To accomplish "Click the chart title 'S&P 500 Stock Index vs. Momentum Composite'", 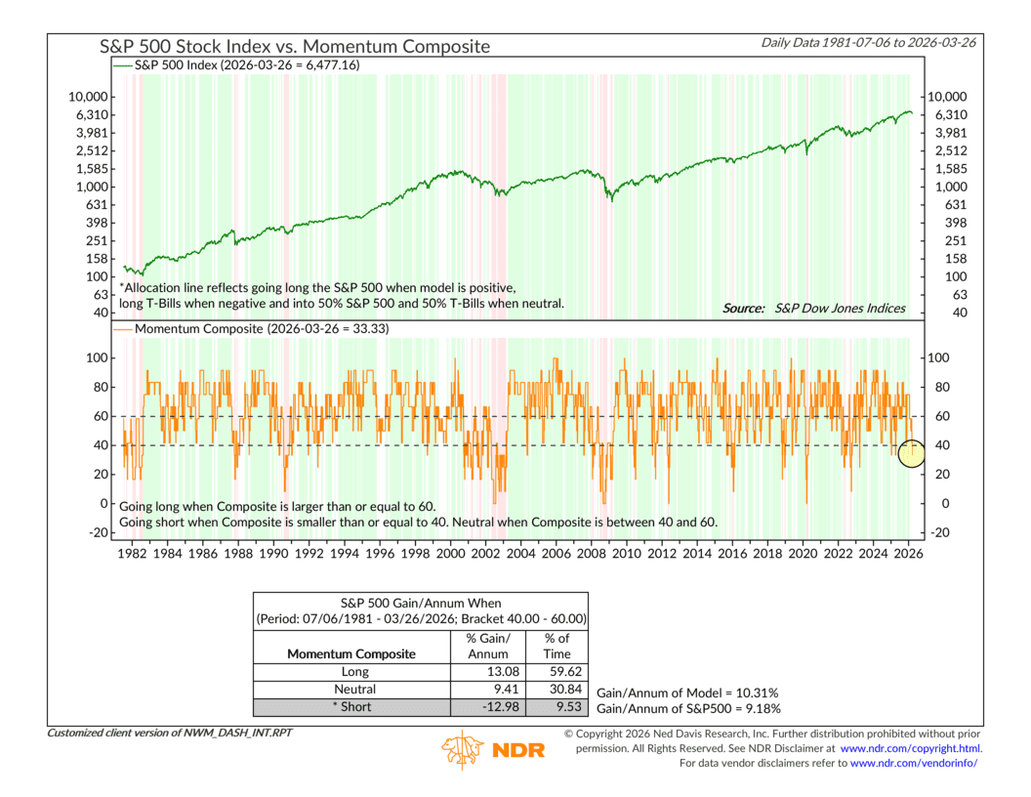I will pyautogui.click(x=295, y=46).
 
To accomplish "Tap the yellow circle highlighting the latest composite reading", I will pyautogui.click(x=911, y=453).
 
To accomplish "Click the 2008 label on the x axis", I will pyautogui.click(x=592, y=553).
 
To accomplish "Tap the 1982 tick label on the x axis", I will pyautogui.click(x=131, y=553).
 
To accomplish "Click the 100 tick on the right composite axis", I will pyautogui.click(x=938, y=358).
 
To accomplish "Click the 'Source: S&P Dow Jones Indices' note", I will pyautogui.click(x=813, y=309).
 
